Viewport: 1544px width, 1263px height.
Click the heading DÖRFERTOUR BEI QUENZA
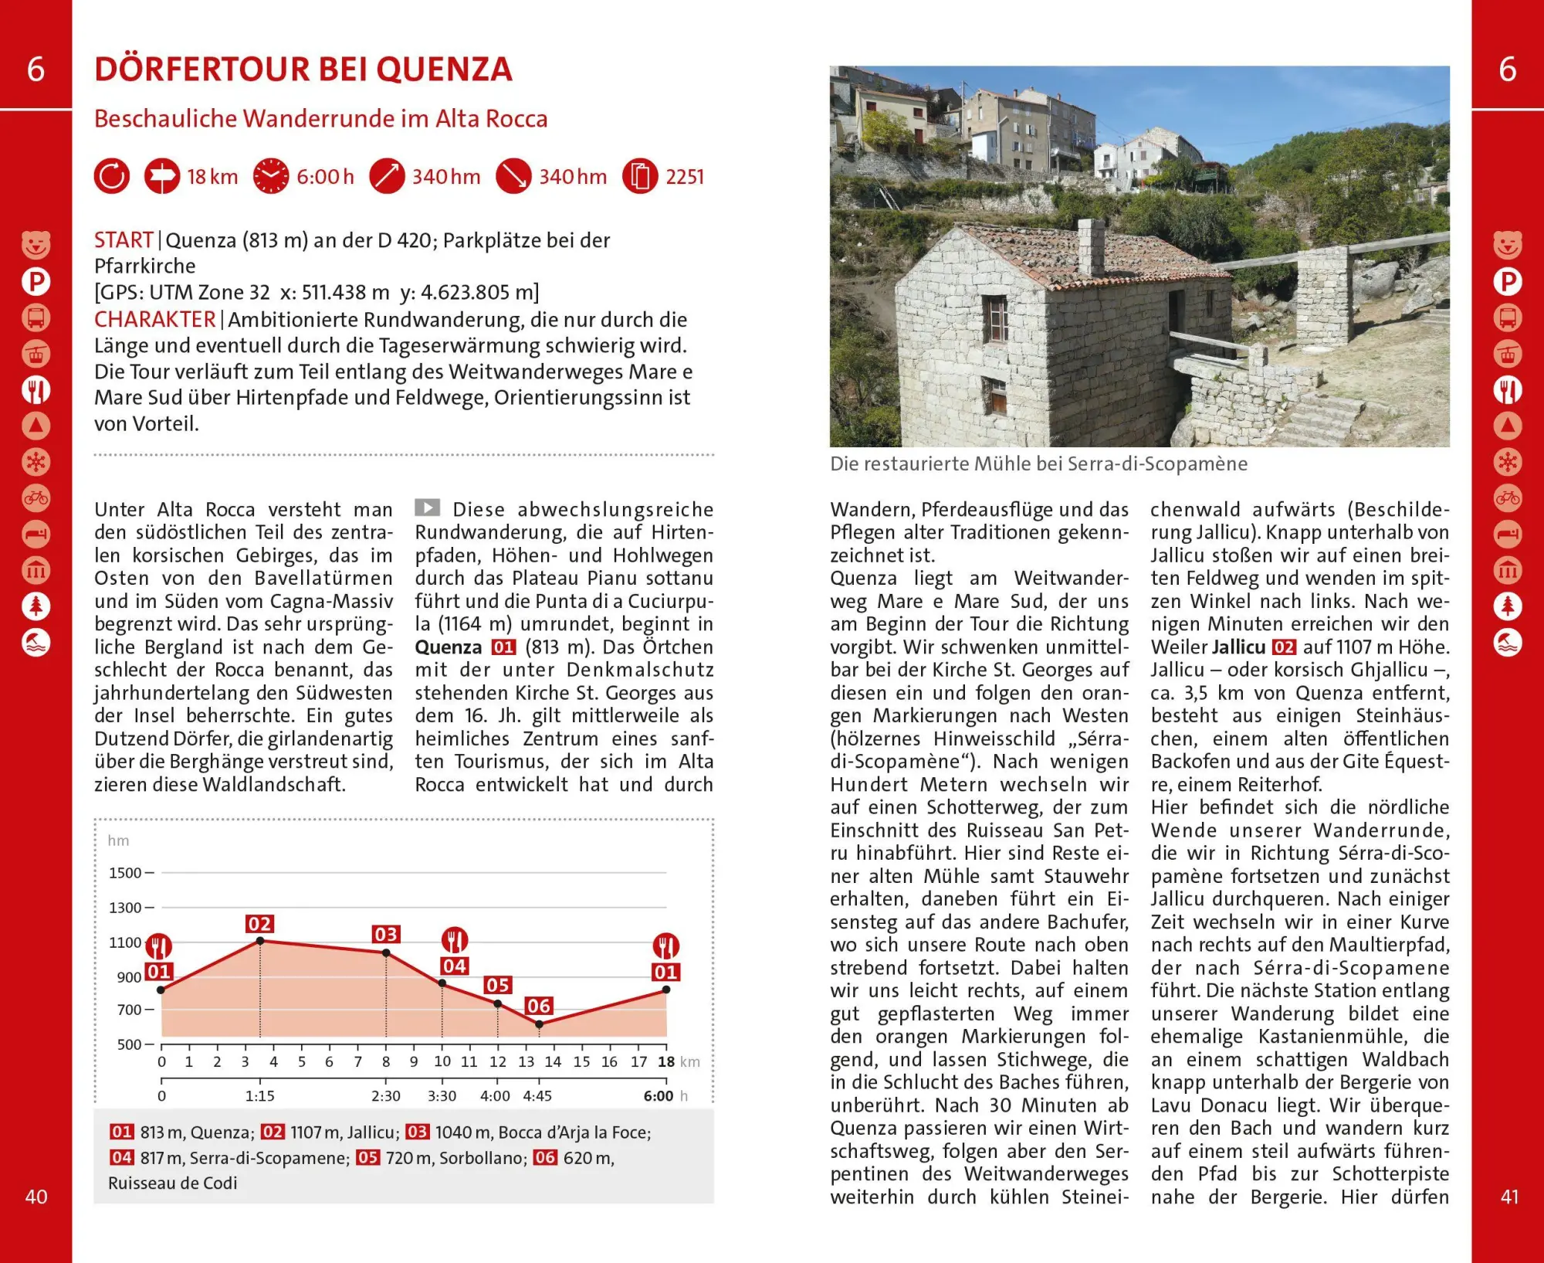(x=303, y=70)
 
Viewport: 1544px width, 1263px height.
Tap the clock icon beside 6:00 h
(x=271, y=176)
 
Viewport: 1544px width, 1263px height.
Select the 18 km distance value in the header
(x=212, y=177)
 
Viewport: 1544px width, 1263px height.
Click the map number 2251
(x=685, y=177)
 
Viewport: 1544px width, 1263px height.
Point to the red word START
(x=124, y=240)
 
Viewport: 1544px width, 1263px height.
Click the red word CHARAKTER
(x=154, y=320)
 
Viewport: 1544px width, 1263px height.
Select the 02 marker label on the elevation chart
(x=259, y=924)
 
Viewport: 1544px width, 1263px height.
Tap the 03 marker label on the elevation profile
(x=386, y=935)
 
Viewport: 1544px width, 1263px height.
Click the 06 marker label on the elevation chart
(x=538, y=1006)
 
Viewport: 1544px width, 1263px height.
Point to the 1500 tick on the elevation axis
(x=125, y=873)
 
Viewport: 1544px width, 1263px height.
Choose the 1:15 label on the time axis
(x=260, y=1096)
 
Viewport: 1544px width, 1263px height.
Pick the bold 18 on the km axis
(x=666, y=1062)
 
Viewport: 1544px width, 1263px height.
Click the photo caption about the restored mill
(x=1038, y=463)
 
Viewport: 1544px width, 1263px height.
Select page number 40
(x=36, y=1197)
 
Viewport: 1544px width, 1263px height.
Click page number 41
(x=1509, y=1197)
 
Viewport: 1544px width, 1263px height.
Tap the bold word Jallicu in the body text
(x=1238, y=647)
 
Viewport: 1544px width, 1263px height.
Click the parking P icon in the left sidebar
(x=36, y=281)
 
